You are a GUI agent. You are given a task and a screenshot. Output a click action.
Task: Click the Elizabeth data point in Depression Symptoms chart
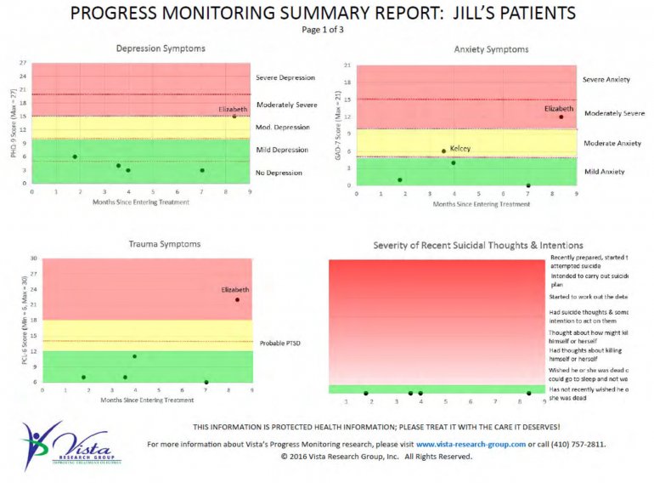click(x=234, y=116)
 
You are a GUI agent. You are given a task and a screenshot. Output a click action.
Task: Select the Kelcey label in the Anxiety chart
click(x=459, y=148)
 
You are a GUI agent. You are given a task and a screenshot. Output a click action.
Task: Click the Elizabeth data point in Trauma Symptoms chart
click(x=237, y=299)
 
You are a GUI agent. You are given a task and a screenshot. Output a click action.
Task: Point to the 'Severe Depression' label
click(x=285, y=78)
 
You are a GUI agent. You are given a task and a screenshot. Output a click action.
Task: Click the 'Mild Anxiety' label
click(x=605, y=172)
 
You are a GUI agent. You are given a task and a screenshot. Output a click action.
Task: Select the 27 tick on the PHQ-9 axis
click(x=23, y=64)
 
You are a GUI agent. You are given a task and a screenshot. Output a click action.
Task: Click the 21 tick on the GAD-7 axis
click(x=347, y=65)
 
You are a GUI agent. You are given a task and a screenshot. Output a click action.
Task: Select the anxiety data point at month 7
click(x=528, y=185)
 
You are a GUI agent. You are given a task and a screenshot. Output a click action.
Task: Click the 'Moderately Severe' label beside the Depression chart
click(x=286, y=105)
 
